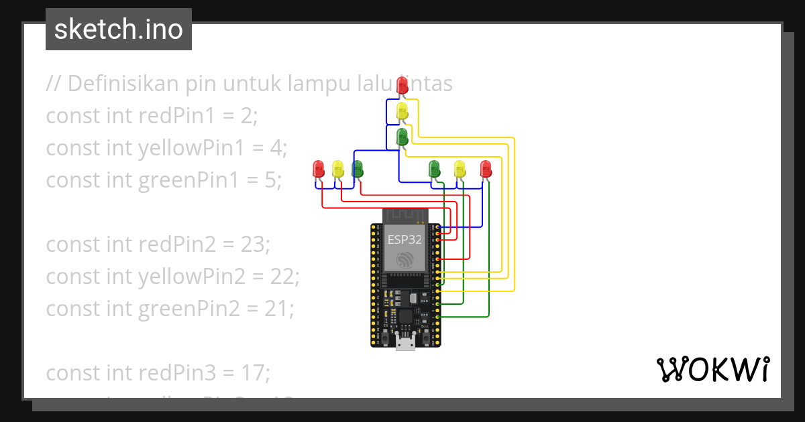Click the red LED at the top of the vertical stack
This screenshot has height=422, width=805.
tap(402, 85)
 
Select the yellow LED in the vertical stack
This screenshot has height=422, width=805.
tap(402, 111)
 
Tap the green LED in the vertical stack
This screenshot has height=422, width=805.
tap(402, 137)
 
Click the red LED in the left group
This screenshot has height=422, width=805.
tap(319, 168)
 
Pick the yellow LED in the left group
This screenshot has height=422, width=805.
tap(338, 168)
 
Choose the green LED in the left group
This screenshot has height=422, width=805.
tap(358, 168)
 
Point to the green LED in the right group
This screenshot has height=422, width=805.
tap(435, 168)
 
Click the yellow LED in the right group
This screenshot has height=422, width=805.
tap(460, 168)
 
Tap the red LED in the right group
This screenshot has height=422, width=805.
tap(486, 168)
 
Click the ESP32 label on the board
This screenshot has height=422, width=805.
tap(405, 239)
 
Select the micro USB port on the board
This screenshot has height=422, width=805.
tap(405, 343)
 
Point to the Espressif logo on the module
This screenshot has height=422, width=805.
tap(405, 260)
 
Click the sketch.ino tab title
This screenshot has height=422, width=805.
tap(119, 29)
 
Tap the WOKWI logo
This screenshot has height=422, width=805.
tap(712, 369)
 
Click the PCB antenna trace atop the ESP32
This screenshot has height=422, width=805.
tap(405, 216)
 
